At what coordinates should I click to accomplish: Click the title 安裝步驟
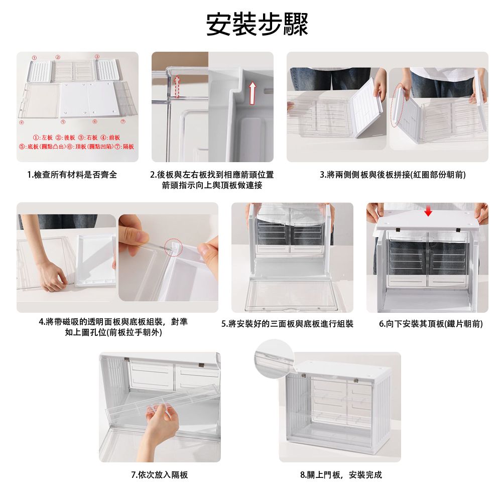tap(257, 24)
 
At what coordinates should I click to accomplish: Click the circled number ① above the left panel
tap(34, 57)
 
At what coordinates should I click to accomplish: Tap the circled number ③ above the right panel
tap(97, 57)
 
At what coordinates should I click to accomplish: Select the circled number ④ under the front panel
tap(21, 122)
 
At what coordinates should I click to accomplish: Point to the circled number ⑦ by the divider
tap(122, 121)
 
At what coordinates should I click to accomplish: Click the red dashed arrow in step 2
tap(176, 86)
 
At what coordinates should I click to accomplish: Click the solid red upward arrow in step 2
tap(253, 93)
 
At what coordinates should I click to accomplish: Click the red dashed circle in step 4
tap(174, 247)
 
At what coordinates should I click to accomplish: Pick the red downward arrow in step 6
tap(428, 211)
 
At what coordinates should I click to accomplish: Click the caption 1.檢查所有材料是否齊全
tap(72, 175)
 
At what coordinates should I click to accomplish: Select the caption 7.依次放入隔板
tap(160, 474)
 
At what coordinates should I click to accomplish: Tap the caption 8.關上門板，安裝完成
tap(341, 474)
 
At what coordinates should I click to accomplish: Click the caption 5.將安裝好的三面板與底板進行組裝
tap(287, 324)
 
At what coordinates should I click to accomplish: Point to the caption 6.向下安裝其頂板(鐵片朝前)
tap(431, 324)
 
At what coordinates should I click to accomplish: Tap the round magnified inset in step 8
tap(275, 358)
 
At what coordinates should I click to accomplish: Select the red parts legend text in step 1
tap(76, 142)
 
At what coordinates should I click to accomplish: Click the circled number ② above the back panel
tap(58, 57)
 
